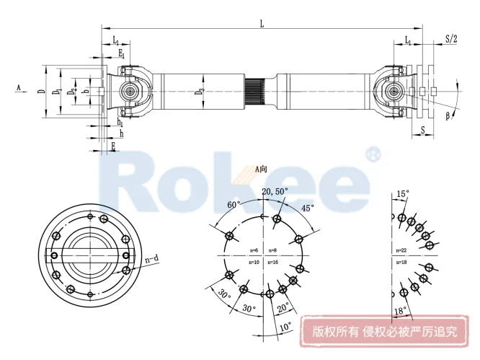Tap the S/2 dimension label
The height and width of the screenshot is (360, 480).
[x=450, y=39]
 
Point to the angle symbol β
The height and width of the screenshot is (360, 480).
[x=448, y=115]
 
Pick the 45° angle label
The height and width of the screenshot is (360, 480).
[x=308, y=208]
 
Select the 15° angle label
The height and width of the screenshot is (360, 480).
[x=402, y=194]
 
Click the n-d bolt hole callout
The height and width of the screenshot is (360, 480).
[x=152, y=258]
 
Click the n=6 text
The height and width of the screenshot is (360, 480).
[x=253, y=250]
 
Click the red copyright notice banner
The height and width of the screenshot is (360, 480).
[x=383, y=333]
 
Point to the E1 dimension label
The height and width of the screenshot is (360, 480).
[x=122, y=54]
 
